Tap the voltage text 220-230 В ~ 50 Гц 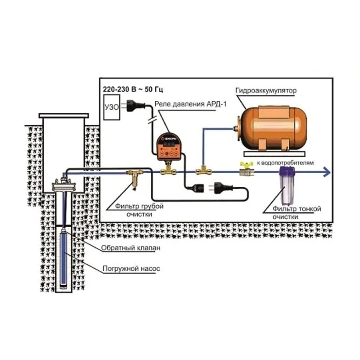pos(129,90)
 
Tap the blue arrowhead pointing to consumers pos(326,171)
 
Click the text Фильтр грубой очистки pos(135,210)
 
